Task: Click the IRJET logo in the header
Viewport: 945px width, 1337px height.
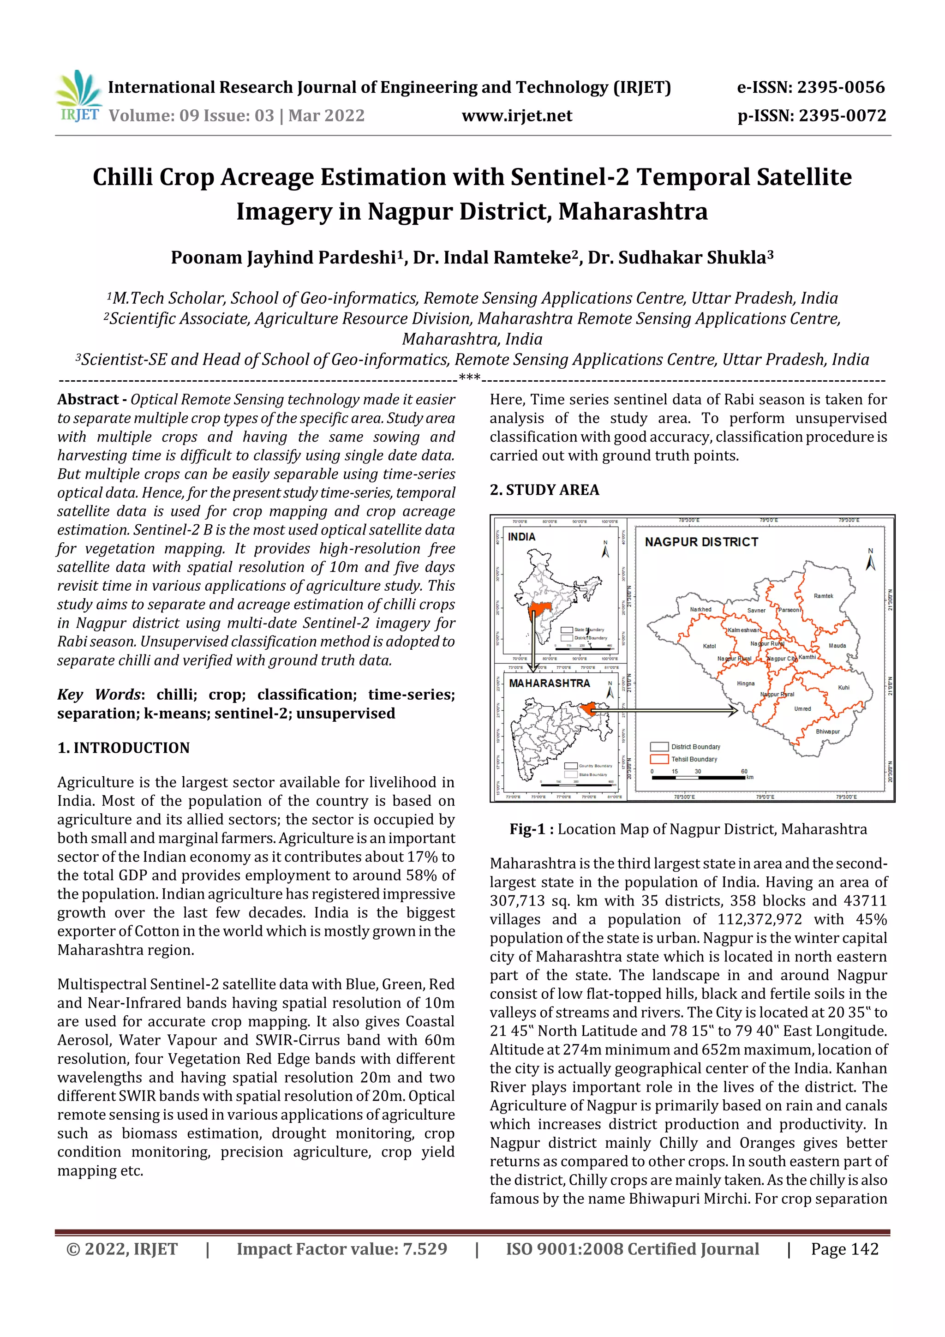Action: pyautogui.click(x=78, y=96)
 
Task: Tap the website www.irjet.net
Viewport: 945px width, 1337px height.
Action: pyautogui.click(x=516, y=116)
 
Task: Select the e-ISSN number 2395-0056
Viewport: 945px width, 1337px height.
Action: pyautogui.click(x=811, y=87)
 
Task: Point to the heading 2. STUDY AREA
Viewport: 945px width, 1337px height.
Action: pyautogui.click(x=544, y=490)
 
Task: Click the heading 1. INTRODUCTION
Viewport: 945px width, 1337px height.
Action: pyautogui.click(x=124, y=748)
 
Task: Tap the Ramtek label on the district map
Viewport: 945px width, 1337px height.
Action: pyautogui.click(x=823, y=596)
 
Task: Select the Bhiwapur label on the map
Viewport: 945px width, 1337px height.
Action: pyautogui.click(x=827, y=731)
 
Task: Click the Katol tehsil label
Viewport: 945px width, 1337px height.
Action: pyautogui.click(x=709, y=646)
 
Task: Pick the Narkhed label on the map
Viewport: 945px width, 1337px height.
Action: pyautogui.click(x=700, y=609)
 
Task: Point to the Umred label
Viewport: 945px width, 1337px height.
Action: pyautogui.click(x=802, y=709)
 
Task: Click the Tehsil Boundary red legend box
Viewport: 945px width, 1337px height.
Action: pyautogui.click(x=659, y=759)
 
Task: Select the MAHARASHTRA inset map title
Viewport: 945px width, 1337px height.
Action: pyautogui.click(x=549, y=683)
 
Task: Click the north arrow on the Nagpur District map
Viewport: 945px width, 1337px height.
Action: pyautogui.click(x=870, y=560)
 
